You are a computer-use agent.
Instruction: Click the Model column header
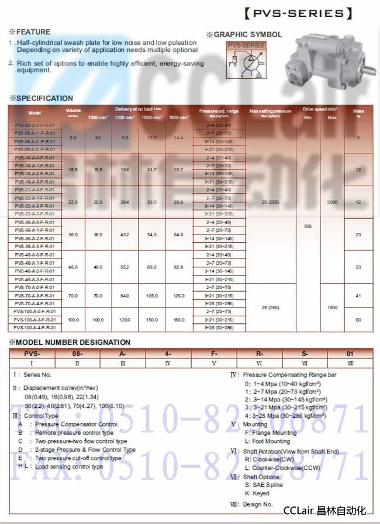pyautogui.click(x=34, y=113)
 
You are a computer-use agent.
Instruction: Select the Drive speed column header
pyautogui.click(x=320, y=109)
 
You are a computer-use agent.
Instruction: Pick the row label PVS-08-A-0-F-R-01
pyautogui.click(x=34, y=125)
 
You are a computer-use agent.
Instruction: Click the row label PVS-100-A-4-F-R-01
pyautogui.click(x=34, y=328)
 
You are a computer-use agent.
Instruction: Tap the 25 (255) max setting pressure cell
pyautogui.click(x=270, y=202)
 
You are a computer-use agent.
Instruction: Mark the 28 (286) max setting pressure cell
pyautogui.click(x=270, y=308)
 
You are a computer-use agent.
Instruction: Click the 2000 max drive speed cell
pyautogui.click(x=332, y=202)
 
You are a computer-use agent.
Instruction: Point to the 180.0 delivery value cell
pyautogui.click(x=178, y=320)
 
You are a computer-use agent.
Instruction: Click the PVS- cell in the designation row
pyautogui.click(x=32, y=354)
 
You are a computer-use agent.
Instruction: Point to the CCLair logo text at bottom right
pyautogui.click(x=324, y=511)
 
